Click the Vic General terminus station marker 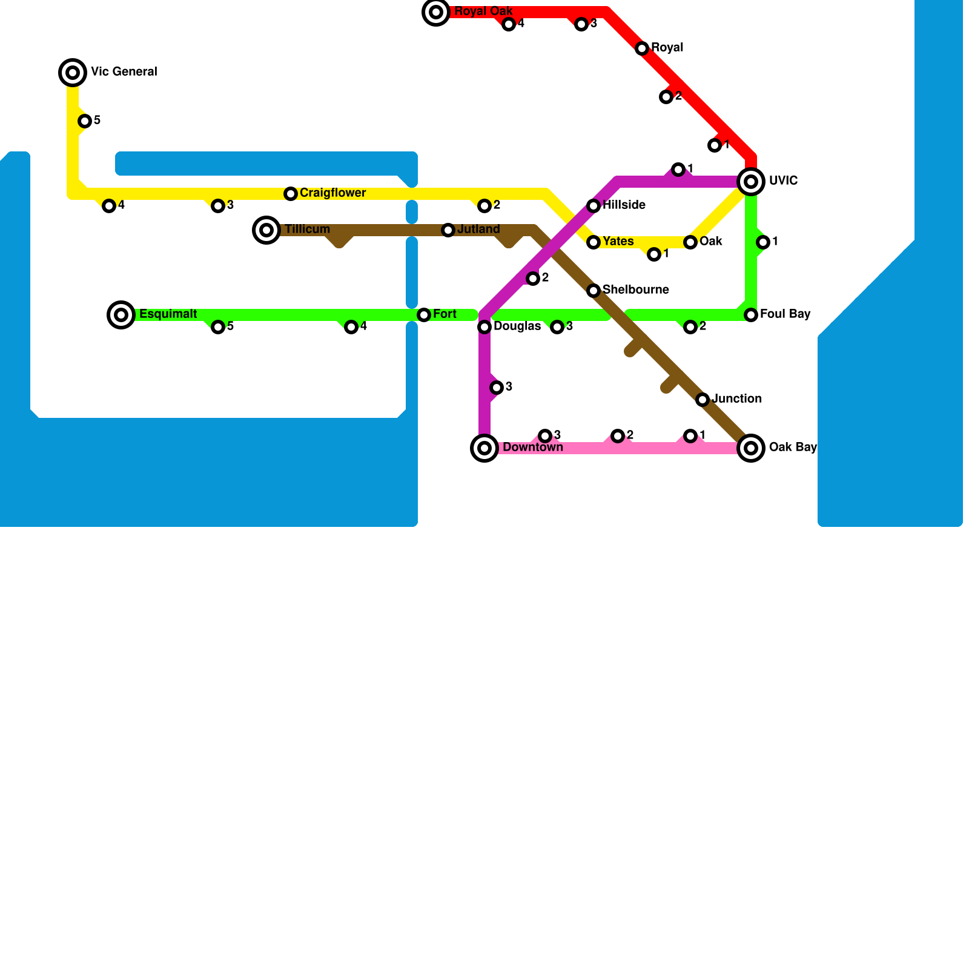tap(73, 73)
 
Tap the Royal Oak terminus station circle tap(436, 12)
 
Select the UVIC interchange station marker tap(751, 182)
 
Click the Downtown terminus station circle tap(484, 448)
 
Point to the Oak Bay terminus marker tap(751, 448)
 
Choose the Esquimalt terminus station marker tap(121, 315)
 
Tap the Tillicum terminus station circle tap(266, 230)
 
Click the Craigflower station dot tap(291, 194)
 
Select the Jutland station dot tap(448, 230)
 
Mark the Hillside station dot tap(594, 206)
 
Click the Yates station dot tap(594, 242)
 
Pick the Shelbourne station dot tap(594, 291)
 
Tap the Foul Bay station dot tap(751, 315)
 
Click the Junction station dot tap(703, 400)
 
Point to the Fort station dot tap(424, 315)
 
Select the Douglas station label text tap(517, 326)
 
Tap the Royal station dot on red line tap(642, 48)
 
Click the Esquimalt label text tap(168, 314)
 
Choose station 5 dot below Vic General tap(85, 121)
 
